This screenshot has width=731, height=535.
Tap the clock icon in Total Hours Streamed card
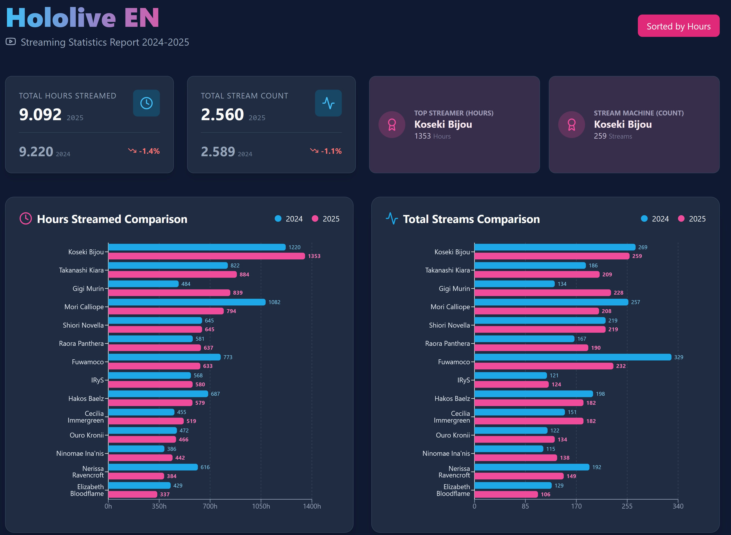[x=146, y=103]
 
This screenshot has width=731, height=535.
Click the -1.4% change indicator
[x=144, y=151]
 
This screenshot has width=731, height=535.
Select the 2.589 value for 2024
[x=218, y=152]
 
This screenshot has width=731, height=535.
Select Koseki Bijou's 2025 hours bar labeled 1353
[x=207, y=256]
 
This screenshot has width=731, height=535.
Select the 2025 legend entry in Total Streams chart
[x=692, y=219]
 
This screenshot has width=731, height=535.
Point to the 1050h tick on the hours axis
[x=261, y=506]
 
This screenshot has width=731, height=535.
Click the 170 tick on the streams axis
[x=576, y=506]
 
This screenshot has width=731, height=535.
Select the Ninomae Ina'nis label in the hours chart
[x=80, y=453]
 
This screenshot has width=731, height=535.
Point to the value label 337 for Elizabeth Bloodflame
[x=165, y=494]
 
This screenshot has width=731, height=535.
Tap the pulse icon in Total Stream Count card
[x=328, y=103]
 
